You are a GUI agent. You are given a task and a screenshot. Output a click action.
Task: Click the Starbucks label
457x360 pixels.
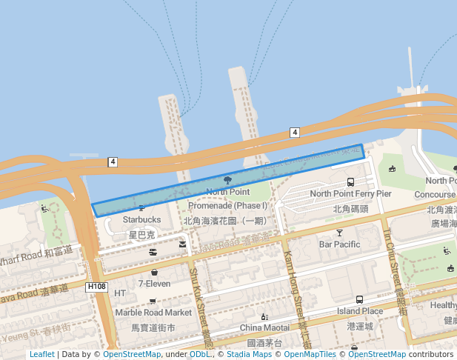[x=141, y=220]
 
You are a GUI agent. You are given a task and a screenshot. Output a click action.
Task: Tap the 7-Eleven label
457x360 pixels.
[x=154, y=284]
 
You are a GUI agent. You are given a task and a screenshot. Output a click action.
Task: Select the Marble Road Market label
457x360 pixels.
[x=153, y=313]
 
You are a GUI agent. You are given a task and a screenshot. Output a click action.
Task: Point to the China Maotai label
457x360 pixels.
[x=264, y=327]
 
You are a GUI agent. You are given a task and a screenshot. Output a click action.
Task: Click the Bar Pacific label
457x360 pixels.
[x=339, y=244]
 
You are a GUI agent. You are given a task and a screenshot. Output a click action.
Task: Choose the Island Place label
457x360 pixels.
[x=360, y=311]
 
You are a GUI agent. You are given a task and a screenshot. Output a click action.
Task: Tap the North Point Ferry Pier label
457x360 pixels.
[x=350, y=194]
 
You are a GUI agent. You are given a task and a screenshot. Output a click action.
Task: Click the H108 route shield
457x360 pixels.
[x=97, y=287]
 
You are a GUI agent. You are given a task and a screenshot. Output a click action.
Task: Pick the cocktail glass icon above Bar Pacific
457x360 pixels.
[x=339, y=233]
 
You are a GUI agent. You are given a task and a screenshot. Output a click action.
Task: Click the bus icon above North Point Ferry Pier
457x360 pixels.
[x=350, y=181]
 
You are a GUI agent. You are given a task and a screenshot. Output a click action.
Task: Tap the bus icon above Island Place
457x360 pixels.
[x=359, y=300]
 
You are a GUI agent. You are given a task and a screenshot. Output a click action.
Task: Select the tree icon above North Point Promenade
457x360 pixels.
[x=227, y=180]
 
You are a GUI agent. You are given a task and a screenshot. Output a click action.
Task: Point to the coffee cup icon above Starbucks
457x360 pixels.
[x=141, y=208]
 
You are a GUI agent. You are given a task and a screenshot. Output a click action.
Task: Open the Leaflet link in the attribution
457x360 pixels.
[x=41, y=355]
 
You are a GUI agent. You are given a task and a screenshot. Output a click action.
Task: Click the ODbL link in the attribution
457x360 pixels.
[x=199, y=355]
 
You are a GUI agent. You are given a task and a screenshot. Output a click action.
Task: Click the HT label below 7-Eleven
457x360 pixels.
[x=120, y=294]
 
